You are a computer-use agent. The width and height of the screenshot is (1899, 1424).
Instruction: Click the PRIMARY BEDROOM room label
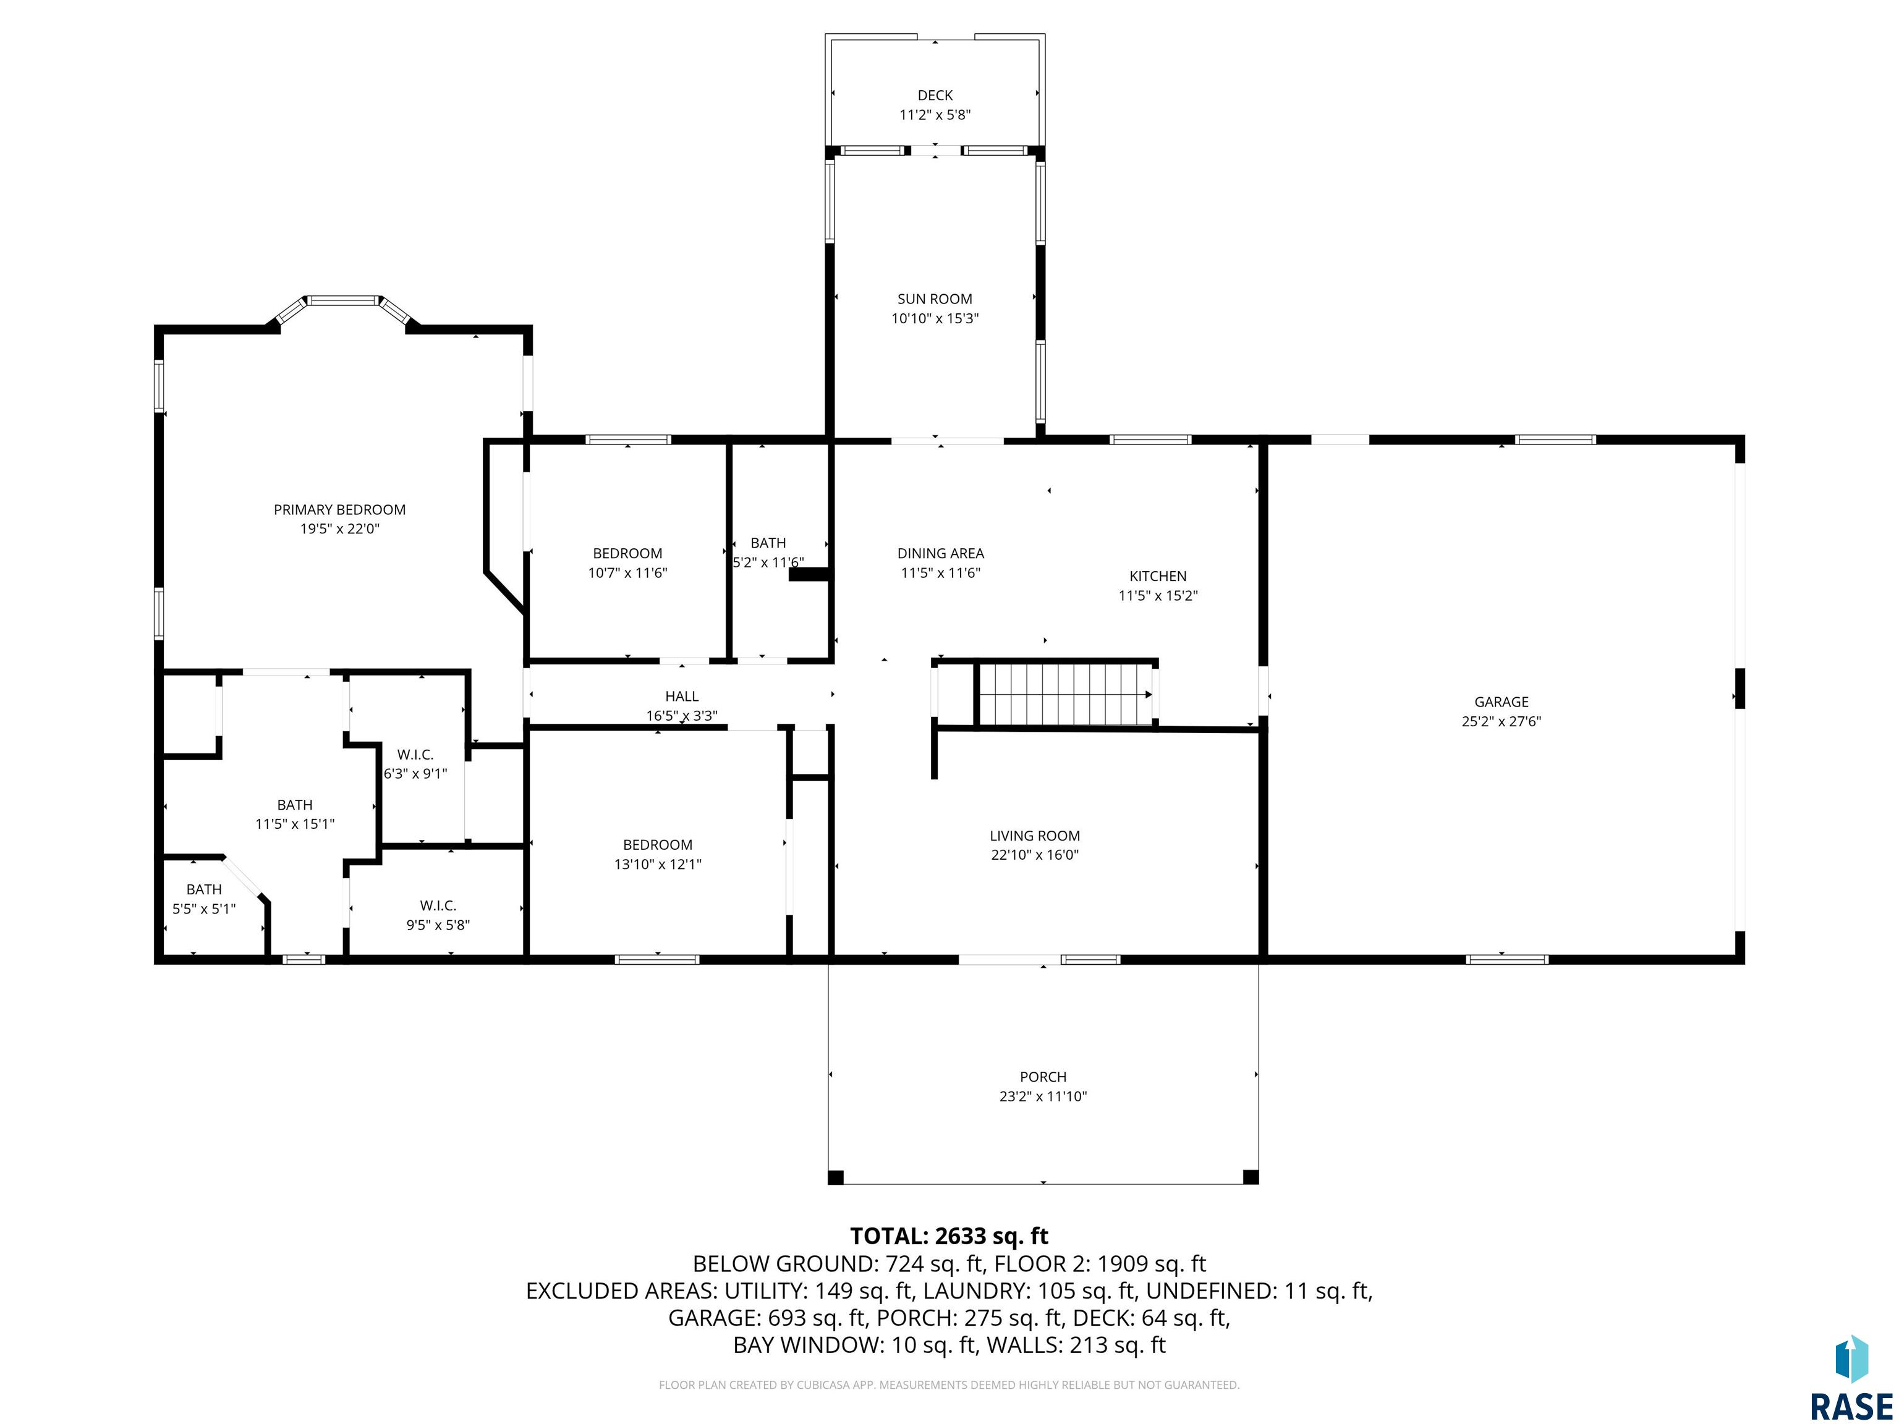pyautogui.click(x=339, y=510)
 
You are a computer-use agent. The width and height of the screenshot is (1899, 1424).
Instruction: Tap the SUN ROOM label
pyautogui.click(x=935, y=299)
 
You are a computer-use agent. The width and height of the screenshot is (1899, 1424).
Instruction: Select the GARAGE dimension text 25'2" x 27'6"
pyautogui.click(x=1502, y=722)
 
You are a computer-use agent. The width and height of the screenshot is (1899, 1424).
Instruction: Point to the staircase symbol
pyautogui.click(x=1064, y=693)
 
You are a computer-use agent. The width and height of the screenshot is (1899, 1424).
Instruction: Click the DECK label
pyautogui.click(x=935, y=95)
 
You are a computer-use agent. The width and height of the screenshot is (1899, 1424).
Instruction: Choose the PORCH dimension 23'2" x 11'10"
pyautogui.click(x=1043, y=1096)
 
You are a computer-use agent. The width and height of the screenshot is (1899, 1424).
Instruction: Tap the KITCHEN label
pyautogui.click(x=1158, y=576)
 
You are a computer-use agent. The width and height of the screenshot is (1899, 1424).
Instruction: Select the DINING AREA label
pyautogui.click(x=941, y=554)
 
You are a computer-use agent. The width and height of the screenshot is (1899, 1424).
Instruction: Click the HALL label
pyautogui.click(x=682, y=696)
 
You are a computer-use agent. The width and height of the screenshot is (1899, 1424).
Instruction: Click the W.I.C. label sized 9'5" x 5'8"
pyautogui.click(x=438, y=905)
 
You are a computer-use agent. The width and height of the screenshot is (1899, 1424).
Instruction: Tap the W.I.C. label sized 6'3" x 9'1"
pyautogui.click(x=415, y=755)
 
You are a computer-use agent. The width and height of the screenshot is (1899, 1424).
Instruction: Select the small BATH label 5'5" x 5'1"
pyautogui.click(x=205, y=889)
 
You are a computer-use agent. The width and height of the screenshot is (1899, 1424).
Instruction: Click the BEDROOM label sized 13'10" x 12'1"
pyautogui.click(x=658, y=845)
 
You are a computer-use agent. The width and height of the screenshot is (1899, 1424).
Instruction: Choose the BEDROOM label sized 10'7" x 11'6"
pyautogui.click(x=627, y=554)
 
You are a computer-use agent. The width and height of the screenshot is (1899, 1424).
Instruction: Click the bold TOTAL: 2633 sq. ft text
pyautogui.click(x=949, y=1236)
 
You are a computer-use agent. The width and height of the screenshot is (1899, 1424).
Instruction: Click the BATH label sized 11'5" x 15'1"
pyautogui.click(x=294, y=805)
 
